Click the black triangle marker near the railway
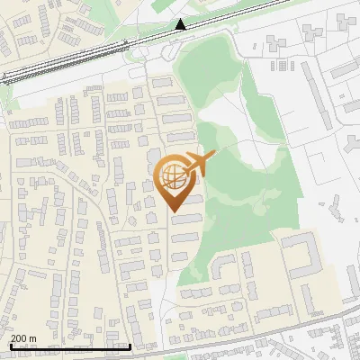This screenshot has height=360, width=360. click(x=182, y=25)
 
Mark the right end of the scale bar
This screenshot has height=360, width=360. click(x=130, y=346)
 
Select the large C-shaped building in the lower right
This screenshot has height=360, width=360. click(x=302, y=255)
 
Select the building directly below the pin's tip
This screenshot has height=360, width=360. click(x=184, y=219)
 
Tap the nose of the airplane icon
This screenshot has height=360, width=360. click(x=214, y=156)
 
